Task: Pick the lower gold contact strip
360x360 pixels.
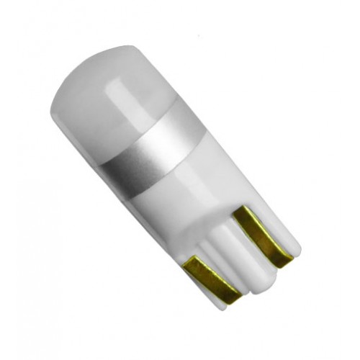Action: pyautogui.click(x=209, y=277)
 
